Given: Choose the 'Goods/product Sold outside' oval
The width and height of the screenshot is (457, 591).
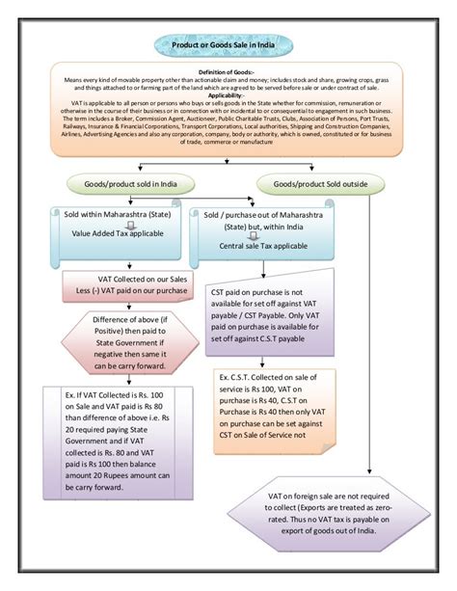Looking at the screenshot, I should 316,181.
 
